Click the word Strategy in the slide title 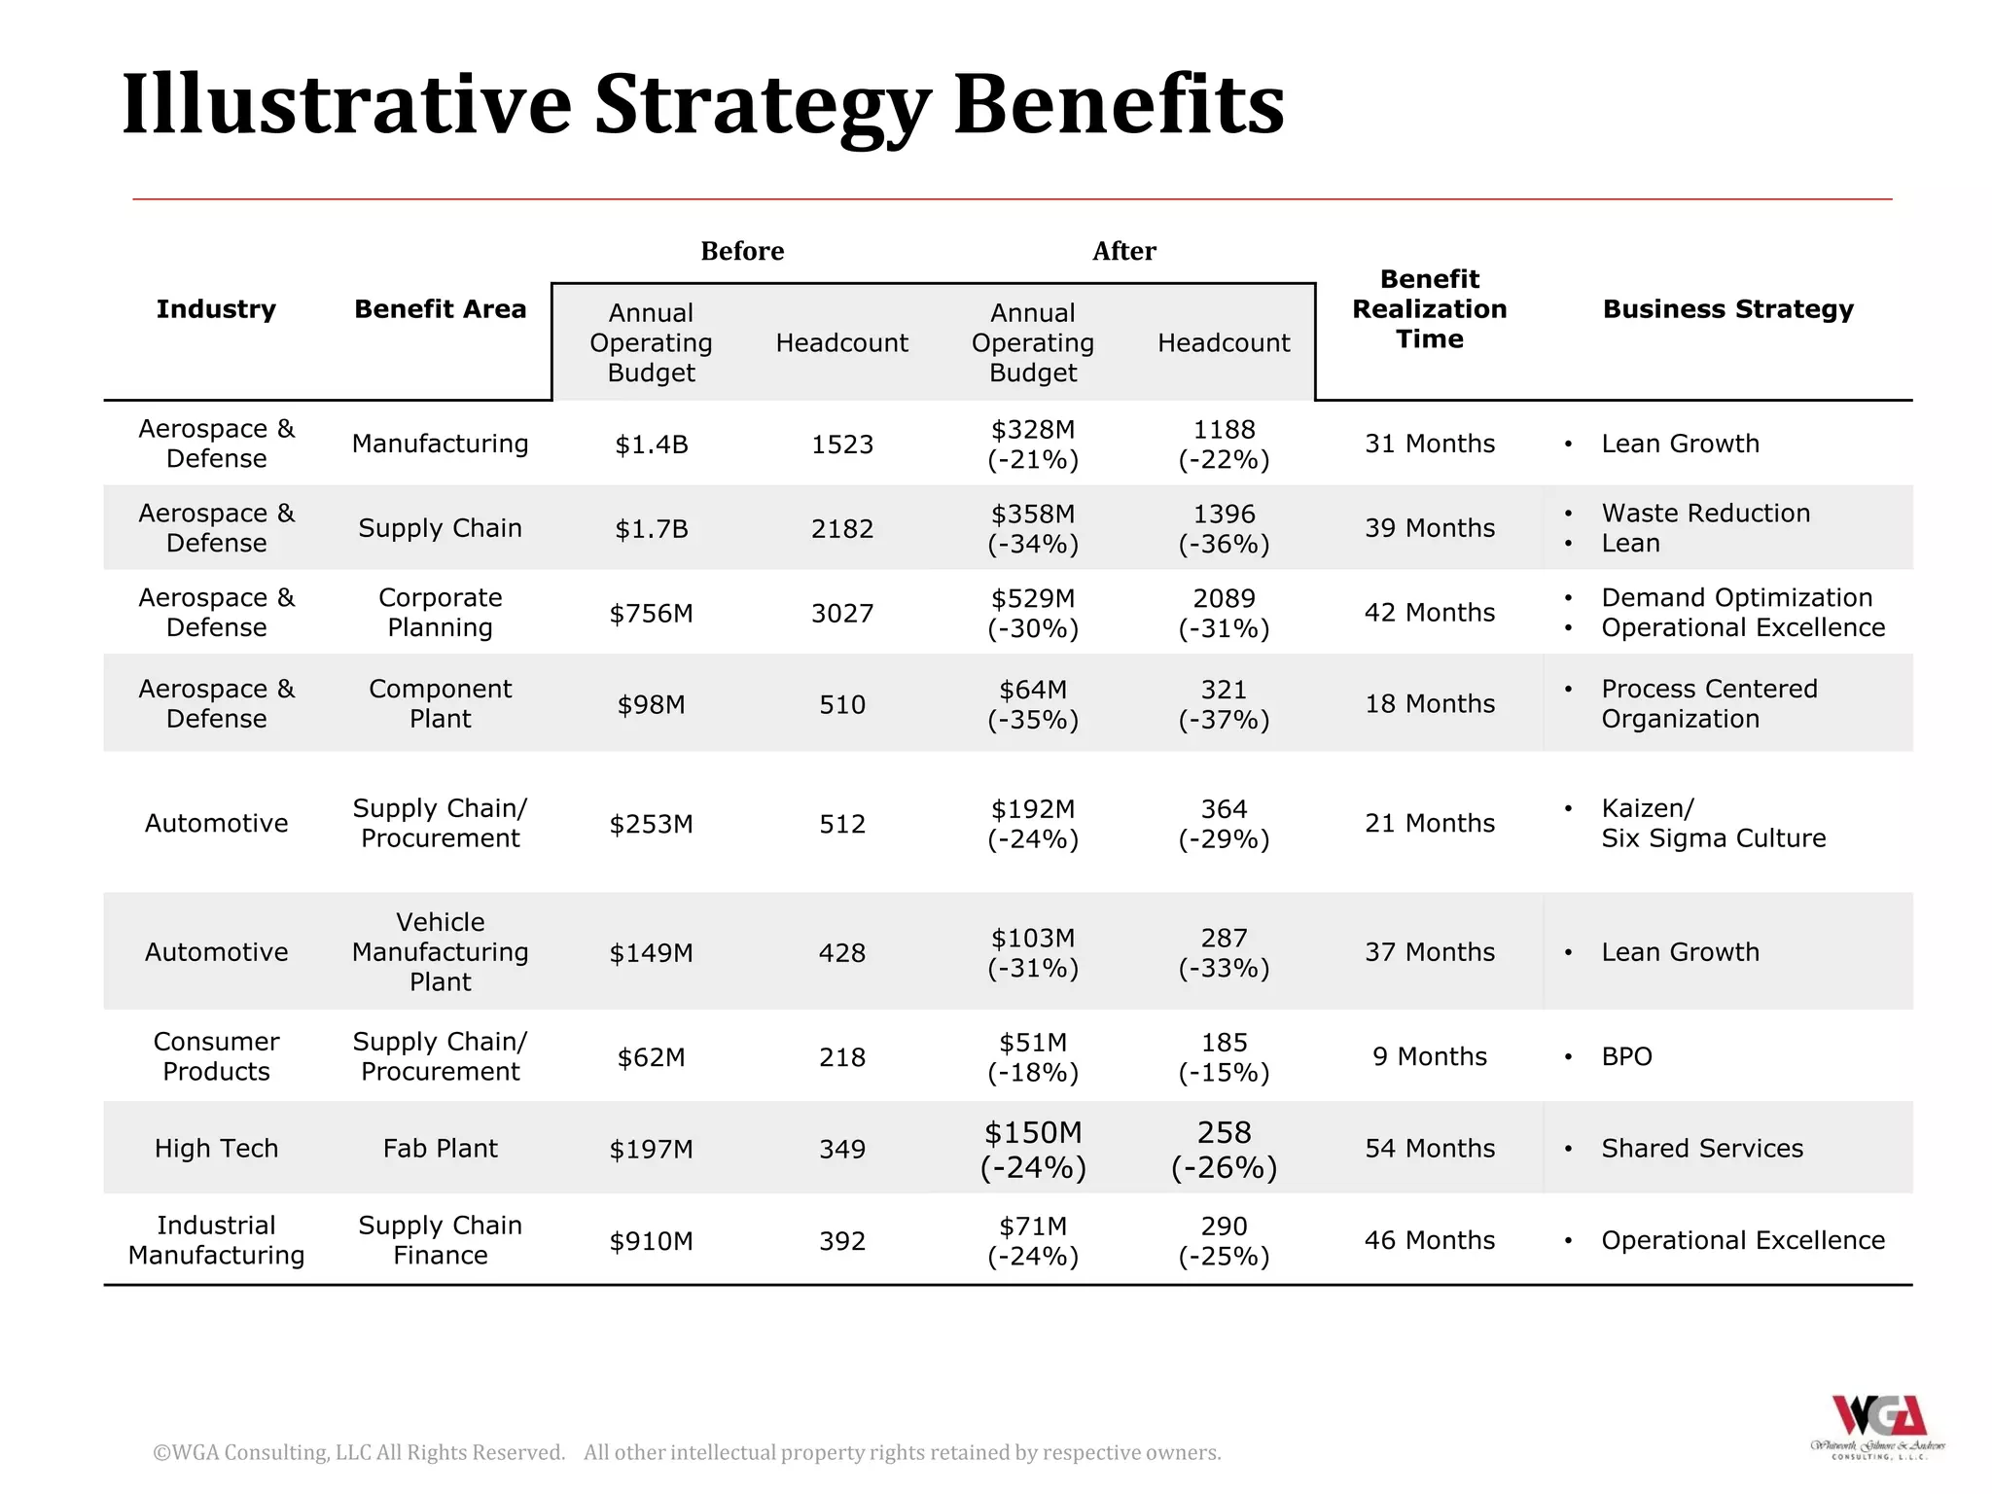click(762, 105)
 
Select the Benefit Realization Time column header click(1429, 309)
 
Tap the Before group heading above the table click(742, 251)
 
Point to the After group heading click(1123, 251)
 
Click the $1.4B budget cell click(651, 445)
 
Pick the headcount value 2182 click(842, 529)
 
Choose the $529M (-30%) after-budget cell click(1033, 613)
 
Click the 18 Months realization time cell click(1429, 704)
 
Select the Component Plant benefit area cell click(440, 704)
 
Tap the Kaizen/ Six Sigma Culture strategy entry click(1713, 824)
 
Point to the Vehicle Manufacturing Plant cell click(440, 952)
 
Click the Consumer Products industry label click(216, 1056)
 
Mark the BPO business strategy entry click(1626, 1056)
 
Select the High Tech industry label click(216, 1149)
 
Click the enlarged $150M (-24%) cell click(1033, 1149)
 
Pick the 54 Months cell click(1429, 1149)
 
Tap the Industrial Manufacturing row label click(216, 1240)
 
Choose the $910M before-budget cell click(651, 1241)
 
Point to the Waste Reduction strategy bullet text click(1705, 514)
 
